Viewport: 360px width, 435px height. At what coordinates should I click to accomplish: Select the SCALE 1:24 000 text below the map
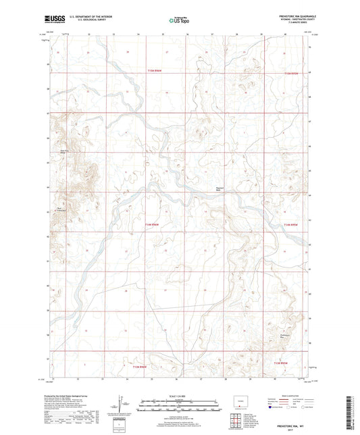pyautogui.click(x=179, y=395)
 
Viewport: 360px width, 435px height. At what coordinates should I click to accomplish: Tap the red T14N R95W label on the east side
pyautogui.click(x=290, y=224)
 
